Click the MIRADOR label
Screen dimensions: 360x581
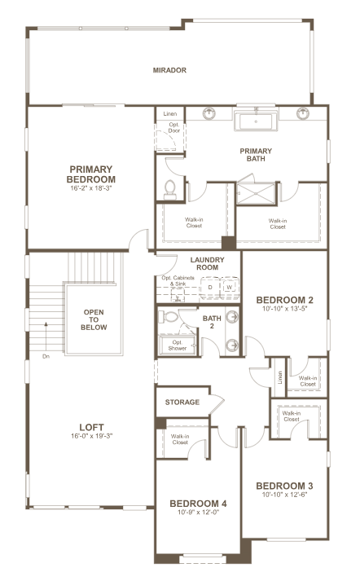point(169,70)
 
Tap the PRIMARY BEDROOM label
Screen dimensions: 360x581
point(91,174)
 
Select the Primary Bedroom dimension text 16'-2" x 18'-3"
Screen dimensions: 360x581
point(91,188)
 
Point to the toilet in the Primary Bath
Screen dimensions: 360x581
point(170,190)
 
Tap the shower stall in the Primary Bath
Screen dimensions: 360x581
point(256,193)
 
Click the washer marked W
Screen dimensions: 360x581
point(230,287)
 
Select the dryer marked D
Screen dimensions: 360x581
point(210,287)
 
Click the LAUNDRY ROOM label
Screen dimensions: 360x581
point(208,263)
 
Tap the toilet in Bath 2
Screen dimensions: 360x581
point(169,317)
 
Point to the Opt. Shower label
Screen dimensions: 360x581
point(178,346)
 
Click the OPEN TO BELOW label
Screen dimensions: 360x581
point(94,319)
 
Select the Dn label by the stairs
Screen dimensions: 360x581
point(46,356)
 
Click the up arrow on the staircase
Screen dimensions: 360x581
point(46,336)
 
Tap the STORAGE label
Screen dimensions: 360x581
point(182,402)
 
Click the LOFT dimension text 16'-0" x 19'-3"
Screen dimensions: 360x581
point(91,436)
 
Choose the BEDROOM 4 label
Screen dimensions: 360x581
point(198,504)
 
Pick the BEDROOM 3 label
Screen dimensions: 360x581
point(284,486)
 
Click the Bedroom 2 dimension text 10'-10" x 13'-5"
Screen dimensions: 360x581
point(285,308)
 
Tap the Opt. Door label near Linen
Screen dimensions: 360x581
point(174,127)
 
